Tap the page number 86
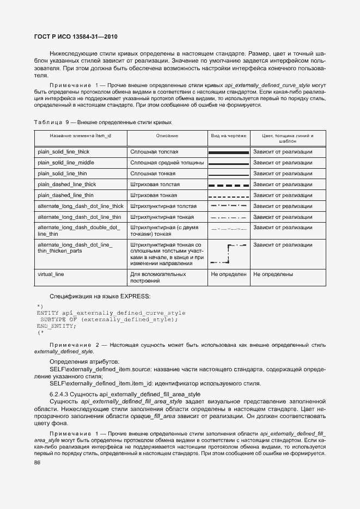coord(38,462)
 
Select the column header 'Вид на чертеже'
coord(229,135)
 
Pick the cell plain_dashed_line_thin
coord(65,195)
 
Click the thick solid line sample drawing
coord(228,152)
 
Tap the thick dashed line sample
coord(228,185)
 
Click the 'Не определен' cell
coord(229,274)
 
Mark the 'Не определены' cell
coord(273,274)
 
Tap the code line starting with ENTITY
coord(111,313)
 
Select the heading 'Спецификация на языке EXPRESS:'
coord(100,296)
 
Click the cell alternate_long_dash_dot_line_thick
coord(81,206)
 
